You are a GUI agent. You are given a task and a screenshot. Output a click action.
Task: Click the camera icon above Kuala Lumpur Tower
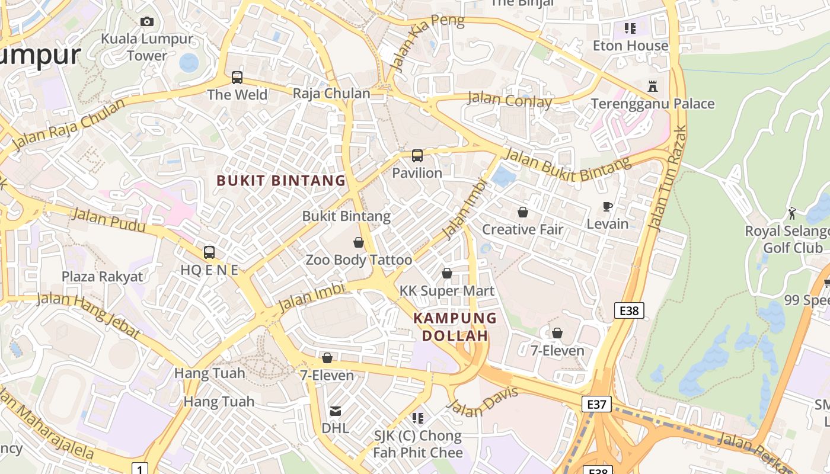[x=147, y=22]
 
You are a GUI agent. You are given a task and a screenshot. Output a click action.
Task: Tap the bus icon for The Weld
[x=237, y=78]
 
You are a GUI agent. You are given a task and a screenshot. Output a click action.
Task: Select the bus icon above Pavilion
[x=417, y=156]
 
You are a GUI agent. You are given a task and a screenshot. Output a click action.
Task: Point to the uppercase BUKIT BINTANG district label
[x=281, y=181]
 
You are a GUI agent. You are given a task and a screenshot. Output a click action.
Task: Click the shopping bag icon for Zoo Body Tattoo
[x=359, y=242]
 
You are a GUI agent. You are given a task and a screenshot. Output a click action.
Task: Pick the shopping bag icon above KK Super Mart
[x=447, y=273]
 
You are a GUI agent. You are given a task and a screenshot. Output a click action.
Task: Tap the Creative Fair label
[x=522, y=229]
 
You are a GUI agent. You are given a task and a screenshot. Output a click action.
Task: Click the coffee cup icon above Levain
[x=607, y=207]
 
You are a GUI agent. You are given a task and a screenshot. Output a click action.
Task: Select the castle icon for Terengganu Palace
[x=653, y=87]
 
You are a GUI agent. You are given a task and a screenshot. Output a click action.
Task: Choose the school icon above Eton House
[x=630, y=28]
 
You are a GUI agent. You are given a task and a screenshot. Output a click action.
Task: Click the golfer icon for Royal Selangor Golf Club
[x=792, y=213]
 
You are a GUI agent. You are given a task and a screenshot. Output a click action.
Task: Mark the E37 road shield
[x=596, y=405]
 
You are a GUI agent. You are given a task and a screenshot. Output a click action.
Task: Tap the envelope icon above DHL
[x=336, y=411]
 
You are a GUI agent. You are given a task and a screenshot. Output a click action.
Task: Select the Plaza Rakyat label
[x=103, y=277]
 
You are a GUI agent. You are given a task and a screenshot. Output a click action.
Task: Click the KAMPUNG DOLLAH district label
[x=455, y=326]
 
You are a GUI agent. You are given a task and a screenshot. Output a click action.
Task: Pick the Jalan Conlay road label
[x=510, y=100]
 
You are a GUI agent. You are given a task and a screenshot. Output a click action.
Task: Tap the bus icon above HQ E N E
[x=209, y=252]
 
